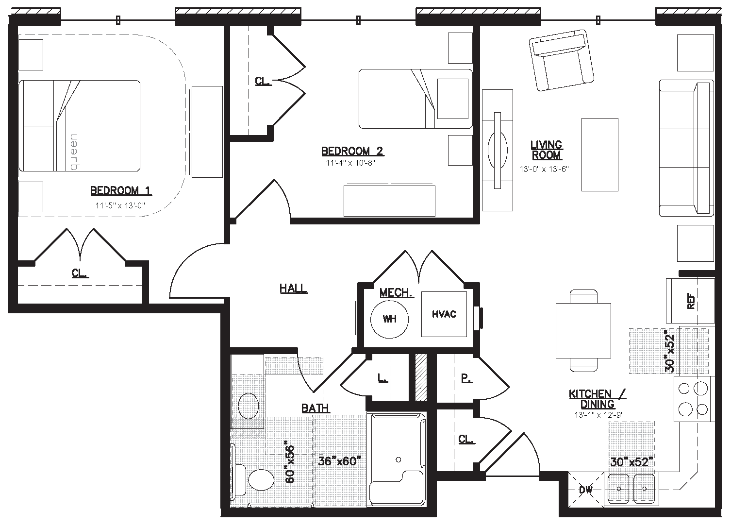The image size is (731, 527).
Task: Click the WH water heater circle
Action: pos(389,319)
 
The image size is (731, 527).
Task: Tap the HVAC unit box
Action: pos(444,314)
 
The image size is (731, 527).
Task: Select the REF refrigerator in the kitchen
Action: pos(690,301)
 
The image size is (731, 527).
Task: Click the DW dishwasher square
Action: pos(586,490)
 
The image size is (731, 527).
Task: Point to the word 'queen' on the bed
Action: pos(74,152)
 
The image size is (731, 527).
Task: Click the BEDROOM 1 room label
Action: pos(121,191)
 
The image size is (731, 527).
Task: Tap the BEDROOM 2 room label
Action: pos(352,151)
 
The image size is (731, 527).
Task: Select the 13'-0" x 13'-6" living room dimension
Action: pos(544,169)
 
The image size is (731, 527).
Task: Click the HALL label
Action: pos(294,289)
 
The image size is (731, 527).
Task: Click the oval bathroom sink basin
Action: pos(249,406)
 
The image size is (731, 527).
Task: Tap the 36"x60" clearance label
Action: pos(340,461)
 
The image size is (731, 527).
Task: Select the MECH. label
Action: pos(397,293)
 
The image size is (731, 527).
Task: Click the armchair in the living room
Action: pos(561,60)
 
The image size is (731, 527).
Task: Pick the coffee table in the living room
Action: pos(600,155)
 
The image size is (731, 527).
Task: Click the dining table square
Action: pos(583,330)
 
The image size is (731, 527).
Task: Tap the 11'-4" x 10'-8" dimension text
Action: pos(350,163)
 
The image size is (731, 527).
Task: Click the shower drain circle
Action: pos(398,460)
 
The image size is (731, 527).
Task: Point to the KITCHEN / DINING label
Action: pos(598,399)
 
